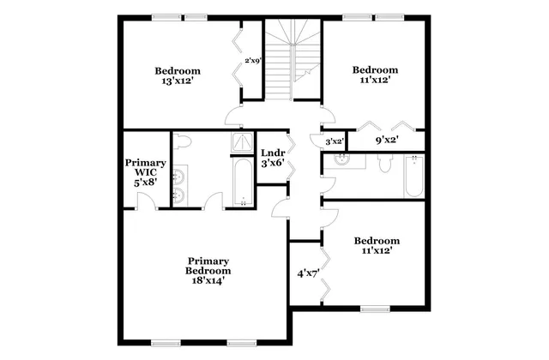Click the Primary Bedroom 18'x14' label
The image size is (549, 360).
pos(208,270)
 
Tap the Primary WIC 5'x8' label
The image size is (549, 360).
pos(145,171)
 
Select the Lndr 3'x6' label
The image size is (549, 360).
pos(273,158)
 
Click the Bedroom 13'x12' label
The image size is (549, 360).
pos(178,75)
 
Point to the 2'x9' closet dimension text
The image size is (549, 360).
pos(252,61)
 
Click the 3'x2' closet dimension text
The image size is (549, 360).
pos(335,141)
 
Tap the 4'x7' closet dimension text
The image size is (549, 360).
pos(308,274)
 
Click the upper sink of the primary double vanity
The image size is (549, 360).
pos(178,176)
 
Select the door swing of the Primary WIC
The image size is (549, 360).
pos(146,200)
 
